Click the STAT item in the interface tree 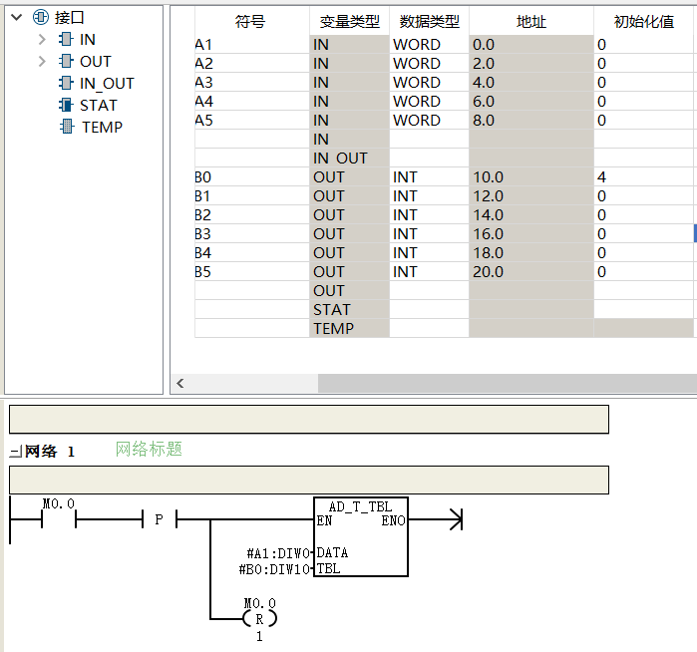point(98,106)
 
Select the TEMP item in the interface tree point(102,128)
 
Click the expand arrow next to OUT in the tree point(42,62)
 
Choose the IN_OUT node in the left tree point(107,83)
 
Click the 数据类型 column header point(429,21)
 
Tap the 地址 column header point(530,21)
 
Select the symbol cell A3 point(204,83)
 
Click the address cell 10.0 point(488,177)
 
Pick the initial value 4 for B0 point(601,177)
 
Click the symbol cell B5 point(202,272)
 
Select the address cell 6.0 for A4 point(484,102)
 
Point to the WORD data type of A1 point(417,45)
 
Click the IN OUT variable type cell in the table point(340,159)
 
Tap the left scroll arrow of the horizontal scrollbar point(180,383)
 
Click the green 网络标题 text point(149,450)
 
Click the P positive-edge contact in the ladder point(159,519)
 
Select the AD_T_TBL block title point(361,506)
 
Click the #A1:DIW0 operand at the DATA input point(278,553)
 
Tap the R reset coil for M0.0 point(259,619)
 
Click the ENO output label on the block point(393,520)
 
